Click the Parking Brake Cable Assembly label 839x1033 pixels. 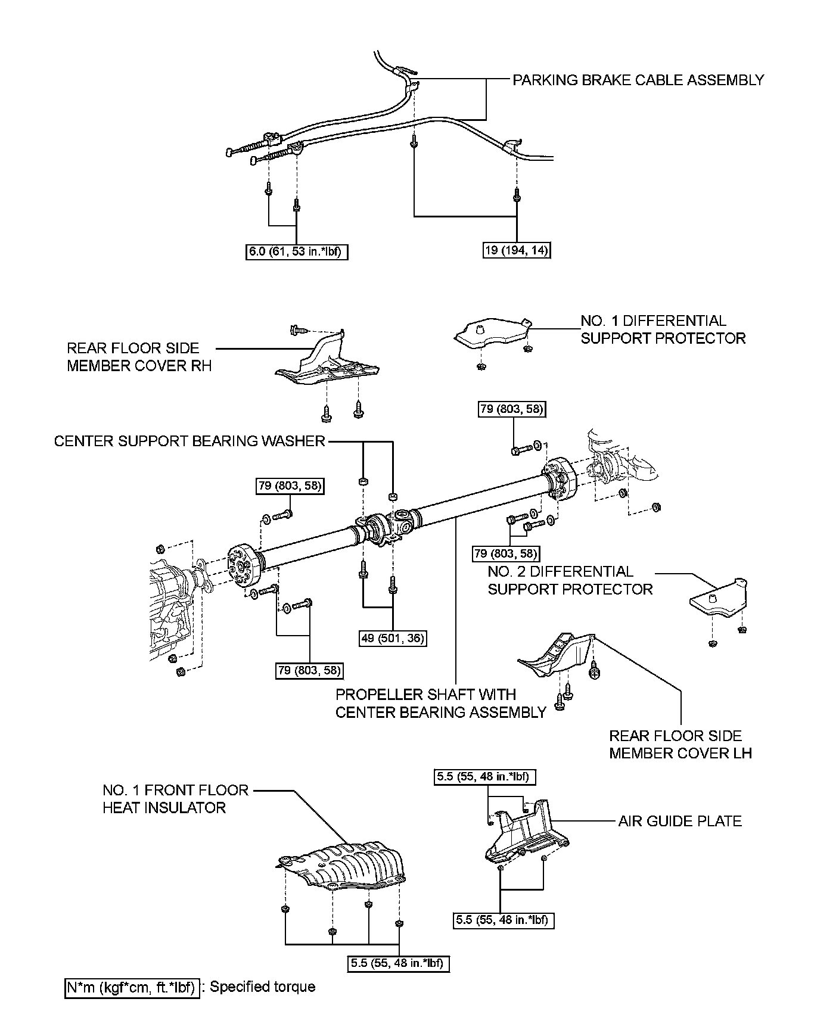[638, 80]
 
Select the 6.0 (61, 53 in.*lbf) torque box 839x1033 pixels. [297, 252]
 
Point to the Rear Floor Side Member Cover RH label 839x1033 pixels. [139, 357]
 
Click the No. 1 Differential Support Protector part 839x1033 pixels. [493, 335]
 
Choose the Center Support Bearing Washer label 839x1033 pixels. [189, 441]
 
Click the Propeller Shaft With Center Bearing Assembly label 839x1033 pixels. [441, 703]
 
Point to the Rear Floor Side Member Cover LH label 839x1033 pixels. [680, 745]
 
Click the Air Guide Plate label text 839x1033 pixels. [680, 821]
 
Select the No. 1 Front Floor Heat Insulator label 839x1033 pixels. [176, 799]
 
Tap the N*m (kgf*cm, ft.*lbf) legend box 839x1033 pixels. [132, 987]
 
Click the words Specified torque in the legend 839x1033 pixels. [262, 987]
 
